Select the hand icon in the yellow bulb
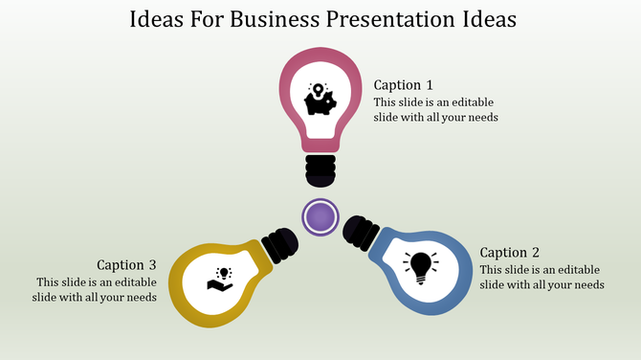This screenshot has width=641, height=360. (x=221, y=279)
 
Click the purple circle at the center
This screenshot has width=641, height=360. (x=320, y=216)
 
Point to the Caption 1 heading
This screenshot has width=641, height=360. (x=403, y=84)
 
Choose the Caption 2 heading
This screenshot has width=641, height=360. (x=510, y=253)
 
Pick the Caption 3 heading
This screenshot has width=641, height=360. (x=127, y=264)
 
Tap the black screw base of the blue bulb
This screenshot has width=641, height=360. (x=361, y=231)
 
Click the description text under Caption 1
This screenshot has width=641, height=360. (x=435, y=109)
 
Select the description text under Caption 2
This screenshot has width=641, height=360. (x=542, y=277)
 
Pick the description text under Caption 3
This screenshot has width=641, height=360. (x=97, y=289)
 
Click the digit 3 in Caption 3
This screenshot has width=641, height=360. (x=152, y=264)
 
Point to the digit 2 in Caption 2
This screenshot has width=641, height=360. (x=536, y=253)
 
